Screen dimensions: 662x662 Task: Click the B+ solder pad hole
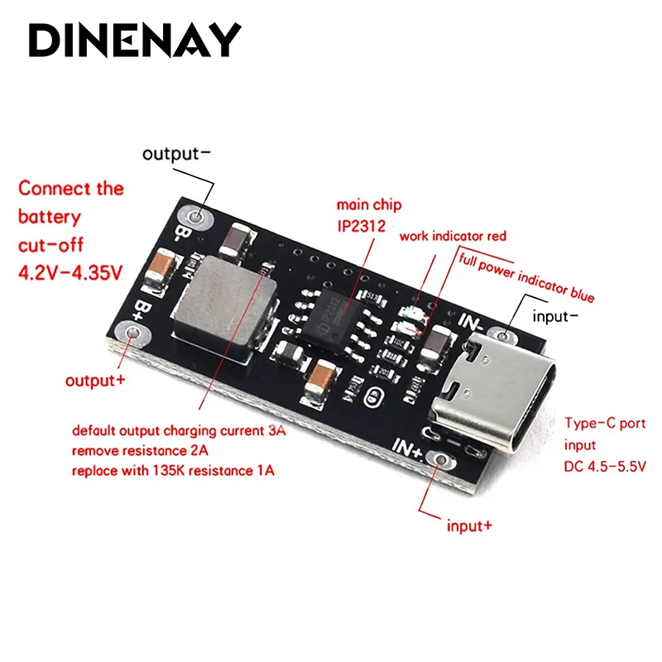(x=133, y=334)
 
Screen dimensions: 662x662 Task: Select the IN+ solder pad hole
(x=444, y=460)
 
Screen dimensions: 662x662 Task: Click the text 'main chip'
(x=363, y=204)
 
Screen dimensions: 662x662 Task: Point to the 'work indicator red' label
(x=453, y=237)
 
